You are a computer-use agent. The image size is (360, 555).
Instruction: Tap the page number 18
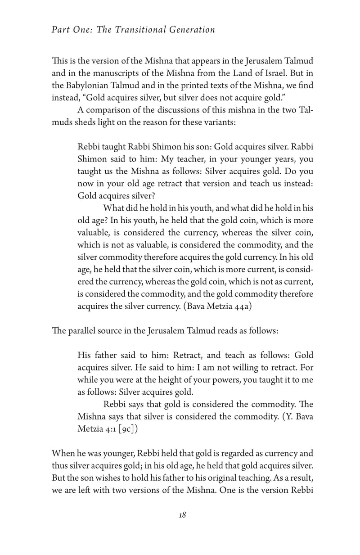click(x=182, y=515)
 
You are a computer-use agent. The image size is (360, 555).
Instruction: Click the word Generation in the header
click(x=192, y=30)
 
